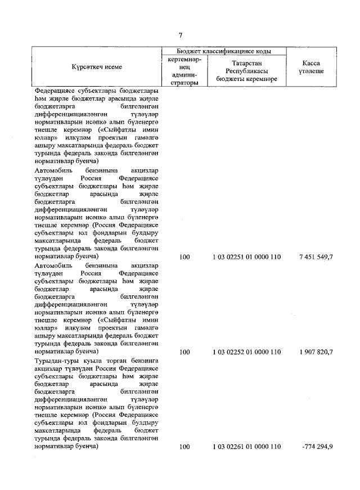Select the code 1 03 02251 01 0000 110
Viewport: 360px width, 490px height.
[x=246, y=257]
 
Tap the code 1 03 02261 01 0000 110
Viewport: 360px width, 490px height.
[x=246, y=447]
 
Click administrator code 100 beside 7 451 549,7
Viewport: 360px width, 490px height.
[x=184, y=257]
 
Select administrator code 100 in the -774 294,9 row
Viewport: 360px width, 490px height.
[x=184, y=447]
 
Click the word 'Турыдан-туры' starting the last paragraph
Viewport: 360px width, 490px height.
[x=54, y=360]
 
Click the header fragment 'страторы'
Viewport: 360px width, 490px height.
[x=184, y=82]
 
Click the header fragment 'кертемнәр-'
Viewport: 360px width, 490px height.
[x=184, y=59]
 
